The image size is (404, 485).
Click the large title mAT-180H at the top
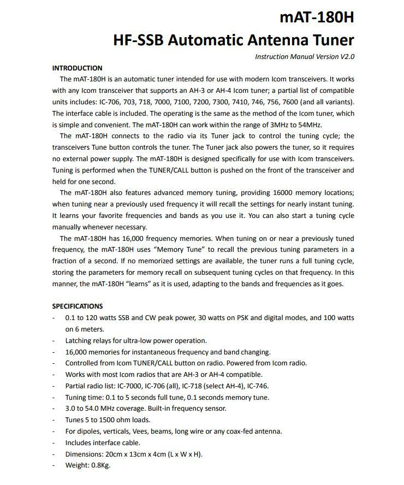[317, 17]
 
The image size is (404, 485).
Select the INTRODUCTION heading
[77, 68]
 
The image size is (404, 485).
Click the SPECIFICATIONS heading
[78, 306]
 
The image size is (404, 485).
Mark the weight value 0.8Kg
[100, 465]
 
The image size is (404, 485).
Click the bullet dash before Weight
[54, 465]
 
